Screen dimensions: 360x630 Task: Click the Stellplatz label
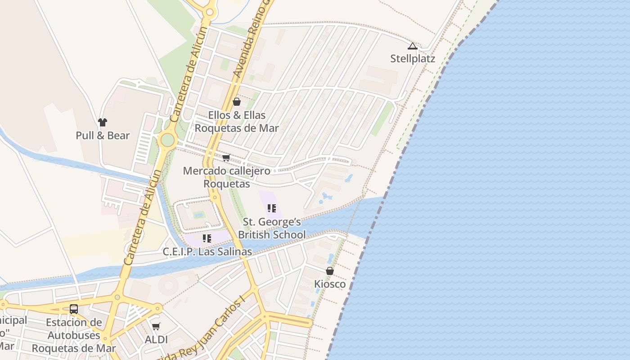pos(413,58)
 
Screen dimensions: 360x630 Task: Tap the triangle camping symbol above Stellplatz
pos(413,46)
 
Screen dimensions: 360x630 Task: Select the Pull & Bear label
pos(103,135)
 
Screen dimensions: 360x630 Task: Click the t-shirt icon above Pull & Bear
pos(103,122)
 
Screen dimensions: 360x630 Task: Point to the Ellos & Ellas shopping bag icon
pos(237,102)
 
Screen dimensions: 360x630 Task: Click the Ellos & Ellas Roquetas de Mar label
pos(237,121)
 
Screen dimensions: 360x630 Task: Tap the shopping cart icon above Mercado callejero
pos(226,157)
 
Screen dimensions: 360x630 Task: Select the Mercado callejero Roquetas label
pos(227,177)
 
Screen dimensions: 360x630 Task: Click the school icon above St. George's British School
pos(271,208)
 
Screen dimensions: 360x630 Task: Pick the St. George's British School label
pos(272,228)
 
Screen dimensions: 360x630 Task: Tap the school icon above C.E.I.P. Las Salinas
pos(207,238)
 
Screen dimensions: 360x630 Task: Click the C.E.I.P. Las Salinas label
pos(207,252)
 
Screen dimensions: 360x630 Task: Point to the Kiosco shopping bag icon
pos(330,271)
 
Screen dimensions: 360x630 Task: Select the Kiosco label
pos(330,284)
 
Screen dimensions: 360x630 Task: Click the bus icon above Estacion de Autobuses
pos(74,309)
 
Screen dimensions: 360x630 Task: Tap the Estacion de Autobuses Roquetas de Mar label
pos(74,335)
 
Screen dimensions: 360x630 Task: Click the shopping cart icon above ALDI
pos(156,326)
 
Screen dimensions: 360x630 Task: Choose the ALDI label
pos(156,340)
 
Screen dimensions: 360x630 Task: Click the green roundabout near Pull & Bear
pos(167,139)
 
